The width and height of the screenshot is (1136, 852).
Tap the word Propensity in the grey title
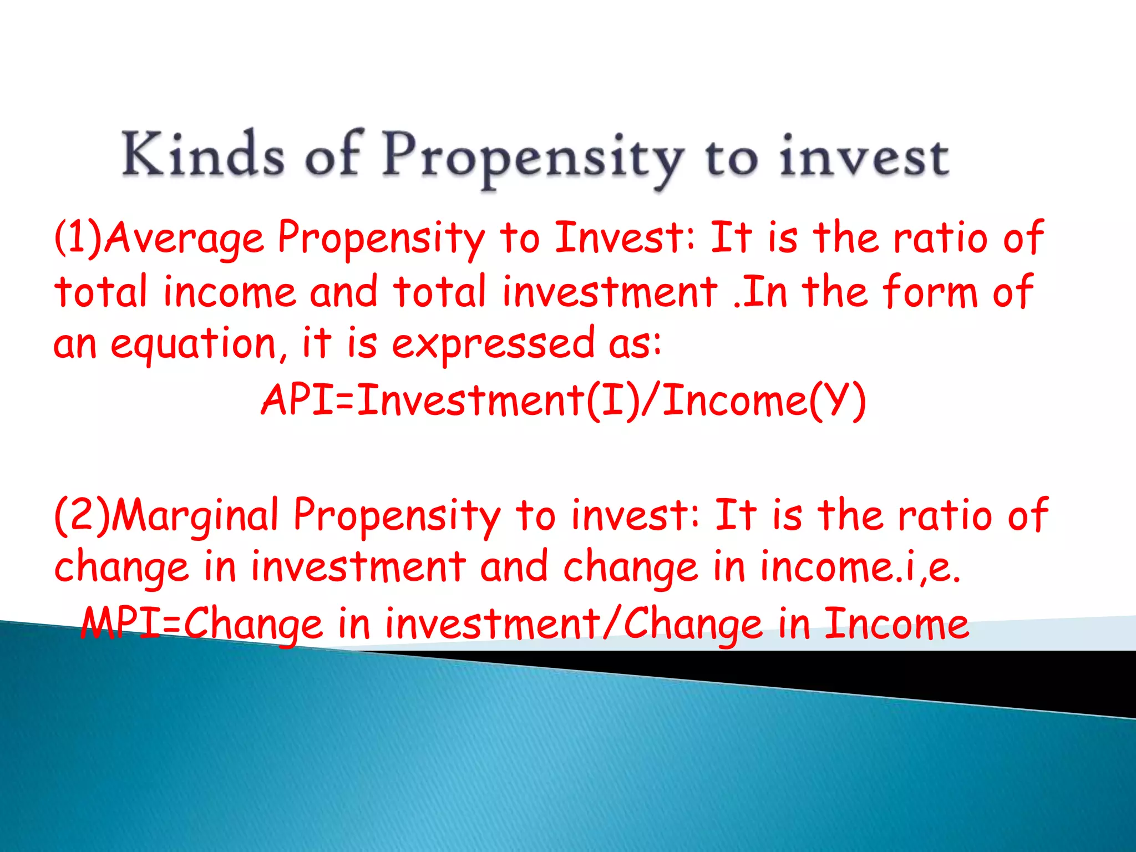[x=532, y=158]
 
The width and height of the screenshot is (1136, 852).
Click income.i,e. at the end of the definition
[x=860, y=567]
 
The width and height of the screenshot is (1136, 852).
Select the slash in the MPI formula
[x=612, y=623]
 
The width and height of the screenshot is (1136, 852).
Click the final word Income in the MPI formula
[x=896, y=623]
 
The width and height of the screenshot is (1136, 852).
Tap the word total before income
[x=100, y=292]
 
